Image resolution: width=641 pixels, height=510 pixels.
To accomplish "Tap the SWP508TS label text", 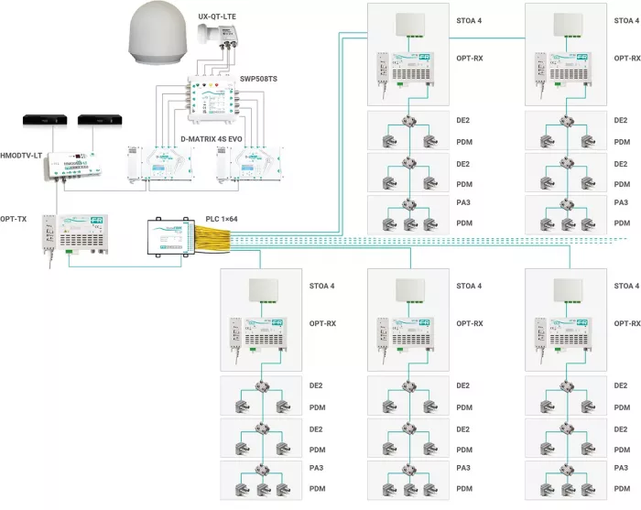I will [x=258, y=79].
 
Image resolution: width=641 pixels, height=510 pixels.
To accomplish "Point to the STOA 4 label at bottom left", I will [x=321, y=287].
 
